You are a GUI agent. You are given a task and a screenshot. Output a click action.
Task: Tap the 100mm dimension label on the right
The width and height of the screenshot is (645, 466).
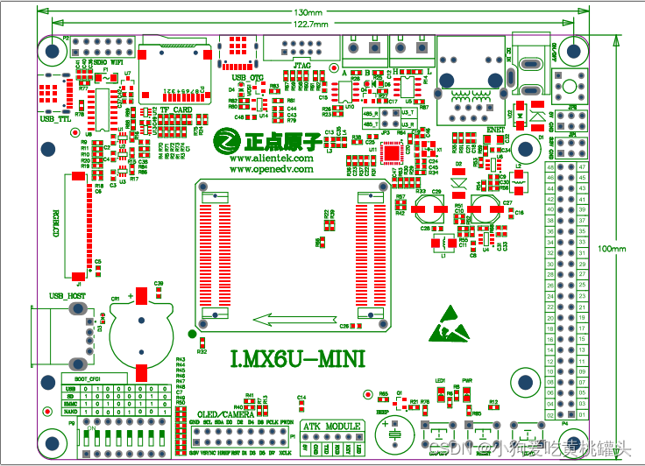[x=613, y=249]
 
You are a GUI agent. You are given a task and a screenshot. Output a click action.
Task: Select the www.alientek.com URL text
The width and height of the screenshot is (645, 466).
[x=271, y=159]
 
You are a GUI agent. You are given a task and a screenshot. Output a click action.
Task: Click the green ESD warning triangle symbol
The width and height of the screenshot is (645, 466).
[x=447, y=324]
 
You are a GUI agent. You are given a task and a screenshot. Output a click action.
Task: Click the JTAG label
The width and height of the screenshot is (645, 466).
[x=301, y=66]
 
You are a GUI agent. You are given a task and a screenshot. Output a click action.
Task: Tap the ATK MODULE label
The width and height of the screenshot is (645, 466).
[x=331, y=426]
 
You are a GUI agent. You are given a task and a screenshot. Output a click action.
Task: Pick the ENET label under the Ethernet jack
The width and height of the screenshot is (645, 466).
[x=496, y=129]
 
